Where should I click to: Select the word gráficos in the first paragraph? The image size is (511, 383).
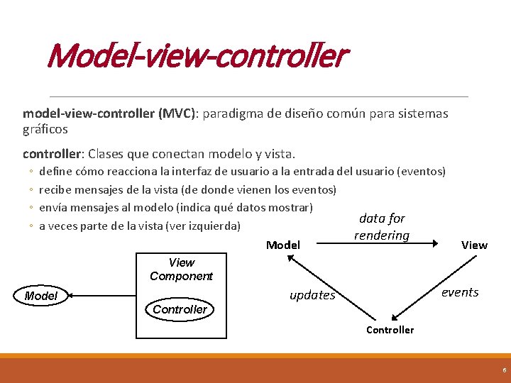click(45, 130)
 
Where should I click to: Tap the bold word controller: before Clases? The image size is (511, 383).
click(54, 154)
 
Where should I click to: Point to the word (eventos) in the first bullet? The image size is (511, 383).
click(422, 172)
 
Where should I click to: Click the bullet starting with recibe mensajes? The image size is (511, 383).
click(187, 189)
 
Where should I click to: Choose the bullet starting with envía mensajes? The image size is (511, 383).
click(176, 208)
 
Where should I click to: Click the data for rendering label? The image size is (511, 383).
click(382, 227)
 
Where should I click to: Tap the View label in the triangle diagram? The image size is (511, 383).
click(474, 245)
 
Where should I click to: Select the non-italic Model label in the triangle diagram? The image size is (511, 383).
click(282, 245)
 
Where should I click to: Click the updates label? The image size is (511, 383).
click(312, 296)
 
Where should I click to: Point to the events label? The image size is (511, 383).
click(460, 292)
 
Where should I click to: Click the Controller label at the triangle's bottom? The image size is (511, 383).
click(390, 330)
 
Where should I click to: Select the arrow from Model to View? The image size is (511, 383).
click(387, 243)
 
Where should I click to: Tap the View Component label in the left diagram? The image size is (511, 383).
click(181, 270)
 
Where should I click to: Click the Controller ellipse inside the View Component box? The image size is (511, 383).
click(180, 309)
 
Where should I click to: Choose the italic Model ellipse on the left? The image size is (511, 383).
click(40, 296)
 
